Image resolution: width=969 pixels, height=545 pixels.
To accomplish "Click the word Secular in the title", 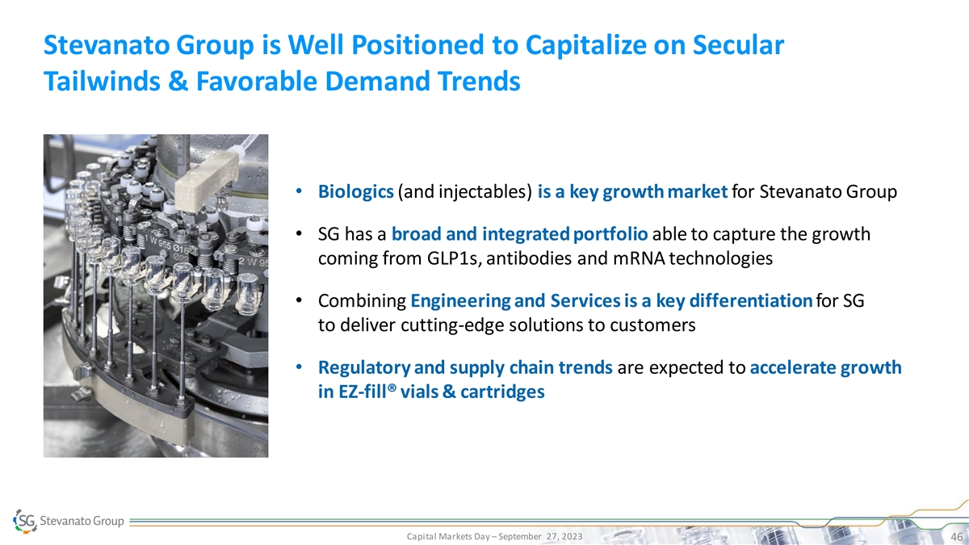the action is pos(738,45).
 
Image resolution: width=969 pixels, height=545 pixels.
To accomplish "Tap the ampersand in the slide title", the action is pos(178,81).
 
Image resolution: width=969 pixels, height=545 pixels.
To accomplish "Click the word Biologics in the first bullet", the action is pos(355,191).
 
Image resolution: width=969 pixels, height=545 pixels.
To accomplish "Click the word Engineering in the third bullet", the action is pos(460,301).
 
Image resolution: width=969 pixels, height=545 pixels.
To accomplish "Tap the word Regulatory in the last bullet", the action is pos(364,367).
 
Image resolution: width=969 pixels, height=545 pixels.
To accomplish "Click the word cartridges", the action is pos(502,392).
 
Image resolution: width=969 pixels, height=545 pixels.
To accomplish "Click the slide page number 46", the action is pos(956,537).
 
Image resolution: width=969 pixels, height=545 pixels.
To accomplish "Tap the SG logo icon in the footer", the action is pos(25,521).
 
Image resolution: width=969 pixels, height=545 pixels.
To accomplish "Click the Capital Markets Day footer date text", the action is pos(494,536).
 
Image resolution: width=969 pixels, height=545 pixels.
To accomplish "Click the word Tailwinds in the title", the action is pos(102,81).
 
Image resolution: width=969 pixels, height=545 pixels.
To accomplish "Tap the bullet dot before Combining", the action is pos(299,300).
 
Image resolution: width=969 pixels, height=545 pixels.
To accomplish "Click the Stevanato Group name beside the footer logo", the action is pos(82,521).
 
